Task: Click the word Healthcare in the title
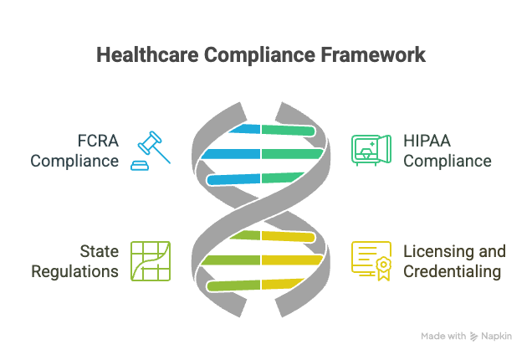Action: click(147, 54)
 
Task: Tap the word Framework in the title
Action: click(373, 54)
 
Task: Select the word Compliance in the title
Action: click(259, 55)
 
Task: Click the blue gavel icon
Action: click(151, 151)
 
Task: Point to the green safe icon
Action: click(371, 150)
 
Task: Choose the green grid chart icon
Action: click(151, 261)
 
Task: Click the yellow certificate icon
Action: click(371, 261)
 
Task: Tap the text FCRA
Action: click(98, 141)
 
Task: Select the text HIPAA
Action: click(427, 141)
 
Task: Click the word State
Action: click(99, 251)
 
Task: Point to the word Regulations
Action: click(74, 272)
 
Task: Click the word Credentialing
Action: click(452, 272)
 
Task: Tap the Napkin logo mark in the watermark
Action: click(473, 337)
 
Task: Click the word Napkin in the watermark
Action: click(496, 337)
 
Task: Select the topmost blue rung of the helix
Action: click(244, 129)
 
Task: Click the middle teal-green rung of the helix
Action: click(293, 154)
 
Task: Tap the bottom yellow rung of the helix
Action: click(283, 284)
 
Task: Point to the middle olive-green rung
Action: click(231, 260)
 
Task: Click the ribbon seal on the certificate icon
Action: click(383, 268)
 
